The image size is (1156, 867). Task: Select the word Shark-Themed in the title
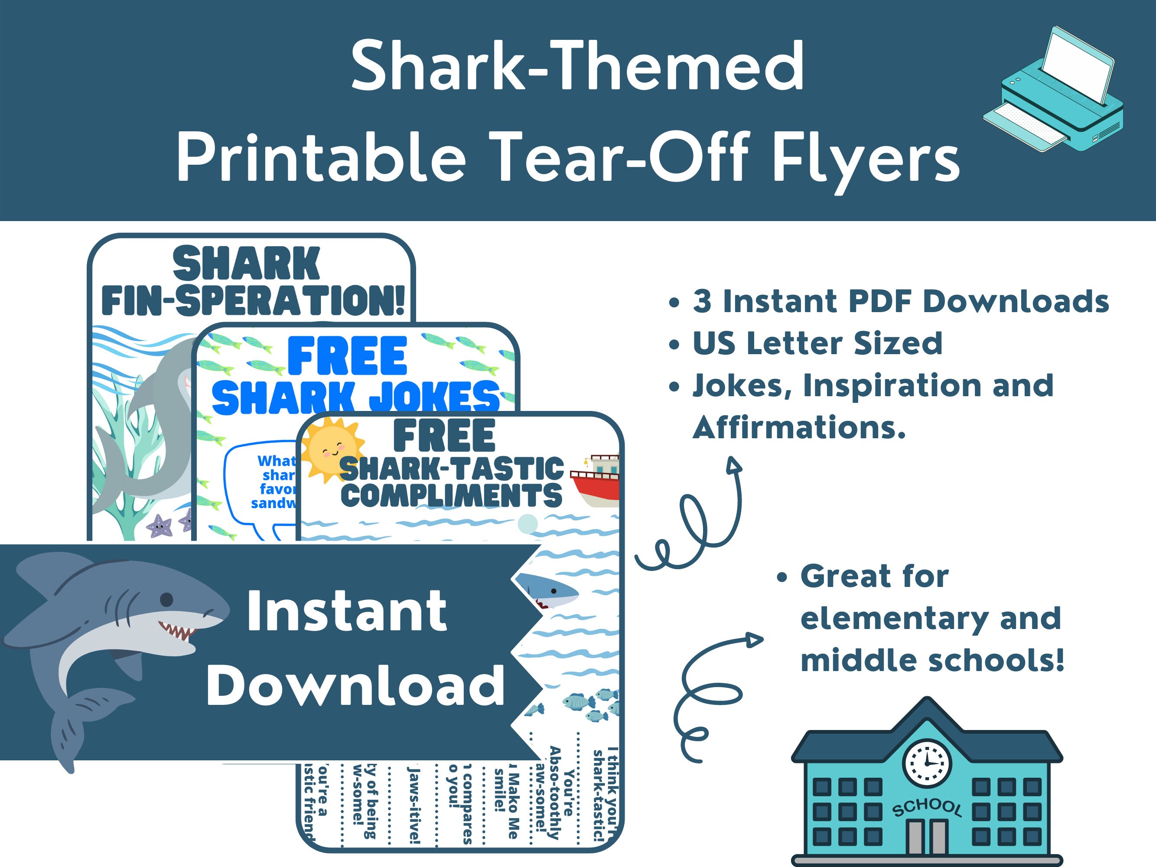click(x=577, y=67)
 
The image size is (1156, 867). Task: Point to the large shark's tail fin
click(x=78, y=727)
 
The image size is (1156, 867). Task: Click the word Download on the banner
click(x=355, y=686)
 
